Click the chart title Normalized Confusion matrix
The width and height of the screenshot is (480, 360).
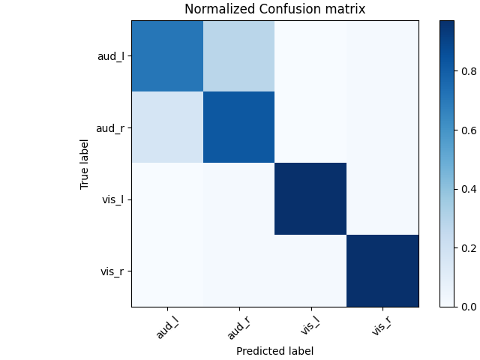[274, 10]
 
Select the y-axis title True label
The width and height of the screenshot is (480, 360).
[85, 163]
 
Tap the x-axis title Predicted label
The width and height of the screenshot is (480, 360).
[274, 350]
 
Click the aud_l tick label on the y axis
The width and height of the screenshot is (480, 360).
[110, 56]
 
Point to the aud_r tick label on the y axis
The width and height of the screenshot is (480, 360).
[110, 127]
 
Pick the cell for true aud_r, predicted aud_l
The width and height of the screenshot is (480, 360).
[167, 127]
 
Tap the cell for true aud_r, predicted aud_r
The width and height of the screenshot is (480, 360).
[238, 127]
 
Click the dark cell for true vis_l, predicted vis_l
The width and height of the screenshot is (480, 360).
[310, 199]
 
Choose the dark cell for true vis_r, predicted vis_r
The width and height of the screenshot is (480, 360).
[381, 271]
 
